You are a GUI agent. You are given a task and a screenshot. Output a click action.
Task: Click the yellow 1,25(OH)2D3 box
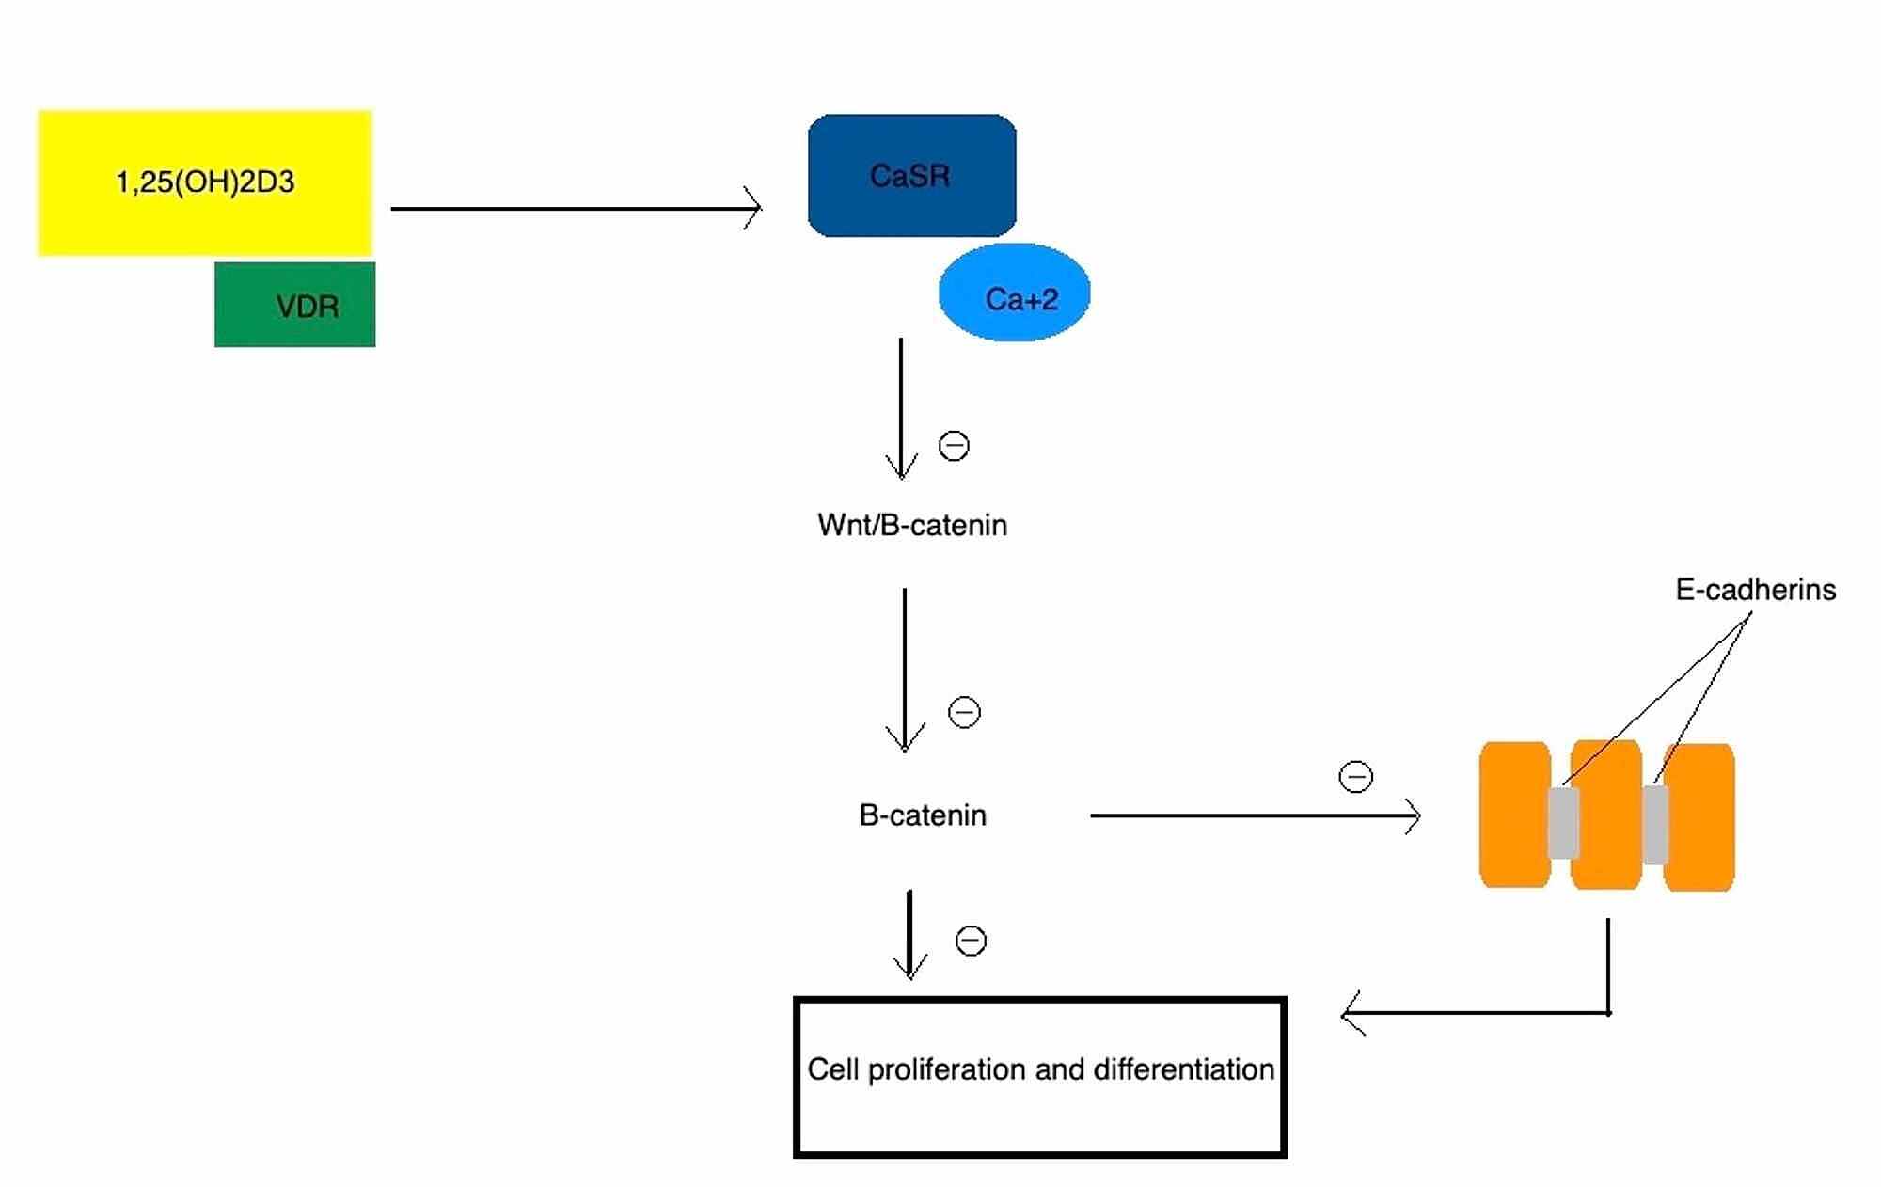[x=205, y=182]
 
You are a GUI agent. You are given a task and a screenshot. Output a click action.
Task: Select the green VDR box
[x=294, y=305]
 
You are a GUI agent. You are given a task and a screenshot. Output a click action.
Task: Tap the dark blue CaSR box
[x=911, y=176]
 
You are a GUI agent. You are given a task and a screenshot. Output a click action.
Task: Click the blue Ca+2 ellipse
[x=1014, y=293]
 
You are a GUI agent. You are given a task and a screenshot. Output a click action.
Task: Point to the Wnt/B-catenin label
[x=912, y=525]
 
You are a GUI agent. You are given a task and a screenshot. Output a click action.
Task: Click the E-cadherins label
[x=1755, y=590]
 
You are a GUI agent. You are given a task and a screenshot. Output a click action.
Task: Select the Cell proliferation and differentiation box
[x=1039, y=1077]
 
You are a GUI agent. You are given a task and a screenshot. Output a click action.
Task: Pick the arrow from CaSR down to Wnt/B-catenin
[x=901, y=409]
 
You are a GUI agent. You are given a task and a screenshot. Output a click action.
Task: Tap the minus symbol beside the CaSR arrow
[x=954, y=446]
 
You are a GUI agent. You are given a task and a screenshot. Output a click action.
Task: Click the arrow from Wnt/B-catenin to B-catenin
[x=905, y=670]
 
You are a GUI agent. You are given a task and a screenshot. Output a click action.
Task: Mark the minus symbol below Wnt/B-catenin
[x=964, y=712]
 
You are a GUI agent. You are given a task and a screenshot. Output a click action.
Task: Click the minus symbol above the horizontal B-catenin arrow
[x=1355, y=777]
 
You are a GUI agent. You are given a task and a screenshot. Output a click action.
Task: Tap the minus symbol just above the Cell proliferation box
[x=971, y=941]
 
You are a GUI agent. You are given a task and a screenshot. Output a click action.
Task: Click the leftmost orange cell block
[x=1514, y=815]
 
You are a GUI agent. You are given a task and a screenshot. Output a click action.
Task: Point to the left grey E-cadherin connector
[x=1563, y=822]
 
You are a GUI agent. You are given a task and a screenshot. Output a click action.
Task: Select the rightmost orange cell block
[x=1700, y=816]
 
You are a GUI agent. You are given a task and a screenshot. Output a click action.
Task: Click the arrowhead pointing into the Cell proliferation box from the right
[x=1351, y=1014]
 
